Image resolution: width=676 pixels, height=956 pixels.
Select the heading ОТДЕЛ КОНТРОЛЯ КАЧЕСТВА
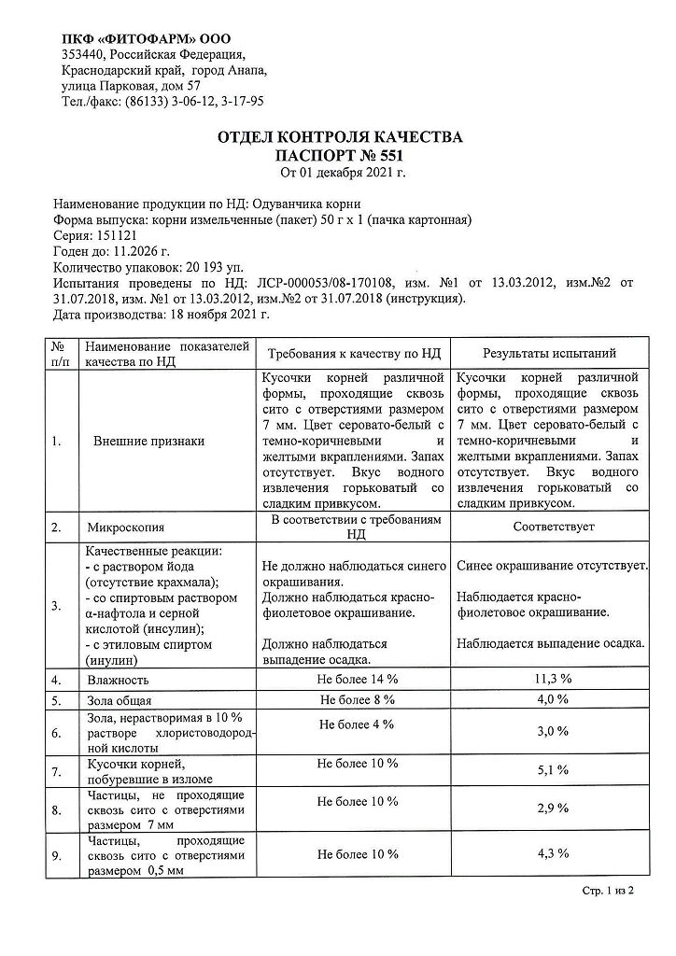(x=340, y=137)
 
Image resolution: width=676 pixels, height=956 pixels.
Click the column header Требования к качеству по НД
(x=355, y=354)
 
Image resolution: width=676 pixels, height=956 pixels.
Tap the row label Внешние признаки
(x=148, y=441)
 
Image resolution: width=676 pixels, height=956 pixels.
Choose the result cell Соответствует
(x=553, y=527)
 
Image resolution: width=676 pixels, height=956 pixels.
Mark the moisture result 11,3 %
(x=553, y=680)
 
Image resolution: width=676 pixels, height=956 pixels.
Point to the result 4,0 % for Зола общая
(x=553, y=699)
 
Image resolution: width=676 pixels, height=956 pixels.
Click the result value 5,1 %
(x=553, y=770)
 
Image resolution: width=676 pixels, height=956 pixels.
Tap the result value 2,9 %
(x=553, y=808)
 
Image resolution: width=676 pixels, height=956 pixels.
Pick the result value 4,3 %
(x=553, y=854)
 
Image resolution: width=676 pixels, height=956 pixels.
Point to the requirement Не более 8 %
(x=357, y=699)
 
